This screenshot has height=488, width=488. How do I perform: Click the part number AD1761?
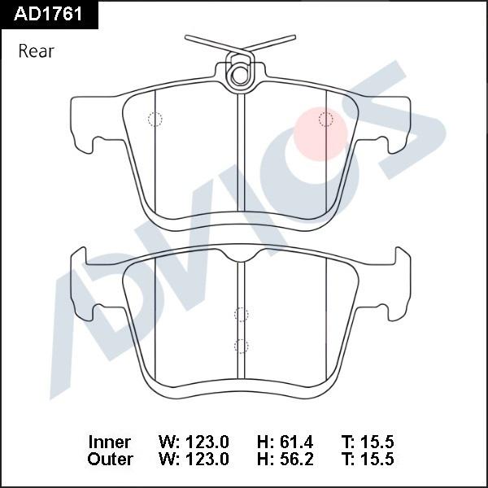coord(48,14)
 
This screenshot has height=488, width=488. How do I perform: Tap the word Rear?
coord(36,51)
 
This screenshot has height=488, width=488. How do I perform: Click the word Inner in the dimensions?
coord(109,442)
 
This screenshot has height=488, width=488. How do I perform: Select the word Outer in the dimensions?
coord(110,459)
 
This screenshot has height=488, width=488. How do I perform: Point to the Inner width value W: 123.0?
coord(194,442)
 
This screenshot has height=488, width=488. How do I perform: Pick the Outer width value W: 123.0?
coord(194,459)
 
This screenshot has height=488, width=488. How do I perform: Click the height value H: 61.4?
coord(285,442)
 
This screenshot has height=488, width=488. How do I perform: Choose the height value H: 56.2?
coord(285,459)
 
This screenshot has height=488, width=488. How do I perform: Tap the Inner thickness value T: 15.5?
coord(368,442)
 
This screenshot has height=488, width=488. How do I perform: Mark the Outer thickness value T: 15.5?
coord(368,459)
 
